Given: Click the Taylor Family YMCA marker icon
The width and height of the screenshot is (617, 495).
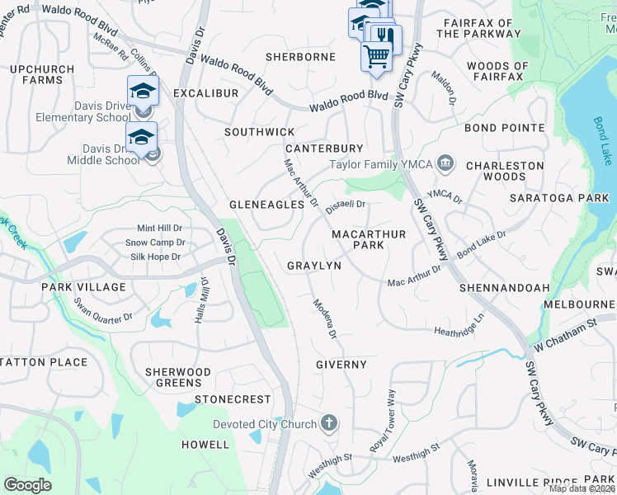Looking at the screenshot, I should pyautogui.click(x=445, y=163).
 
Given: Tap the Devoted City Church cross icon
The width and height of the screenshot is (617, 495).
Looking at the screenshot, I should pyautogui.click(x=329, y=424).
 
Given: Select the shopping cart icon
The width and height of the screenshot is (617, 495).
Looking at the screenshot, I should pyautogui.click(x=376, y=56).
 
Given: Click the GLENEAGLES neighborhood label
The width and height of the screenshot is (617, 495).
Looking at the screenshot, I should pyautogui.click(x=261, y=204).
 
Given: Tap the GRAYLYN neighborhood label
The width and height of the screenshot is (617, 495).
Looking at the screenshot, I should pyautogui.click(x=313, y=266).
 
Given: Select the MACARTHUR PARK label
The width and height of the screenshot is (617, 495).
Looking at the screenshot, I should pyautogui.click(x=369, y=239).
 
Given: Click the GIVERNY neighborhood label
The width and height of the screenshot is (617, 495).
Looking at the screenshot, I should pyautogui.click(x=341, y=364).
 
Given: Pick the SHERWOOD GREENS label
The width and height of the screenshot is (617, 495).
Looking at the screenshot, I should pyautogui.click(x=178, y=377).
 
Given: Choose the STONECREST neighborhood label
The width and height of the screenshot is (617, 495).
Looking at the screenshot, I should pyautogui.click(x=233, y=399).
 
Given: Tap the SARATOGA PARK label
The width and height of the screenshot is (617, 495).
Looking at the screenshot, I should pyautogui.click(x=570, y=198).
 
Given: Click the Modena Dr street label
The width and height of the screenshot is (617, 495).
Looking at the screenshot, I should pyautogui.click(x=324, y=318).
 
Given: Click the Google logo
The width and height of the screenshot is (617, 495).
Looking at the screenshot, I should pyautogui.click(x=27, y=485).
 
